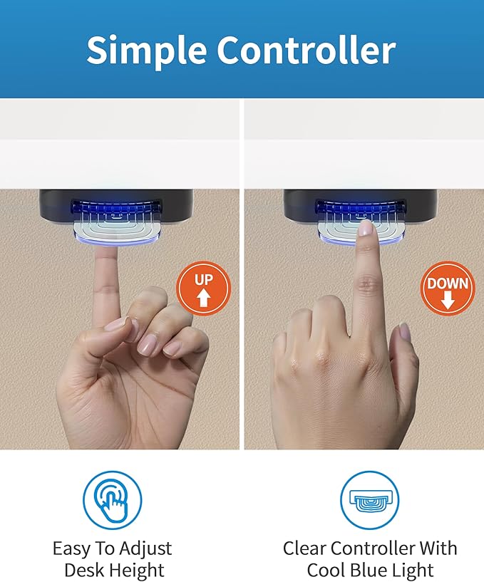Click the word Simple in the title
tap(147, 51)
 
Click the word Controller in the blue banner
tap(307, 49)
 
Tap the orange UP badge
tap(204, 289)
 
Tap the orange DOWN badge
tap(448, 289)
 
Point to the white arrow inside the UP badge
tap(203, 297)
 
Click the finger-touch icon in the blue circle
tap(112, 501)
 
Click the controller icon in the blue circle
tap(369, 500)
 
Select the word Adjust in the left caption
tap(145, 549)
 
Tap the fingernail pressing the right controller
tap(366, 227)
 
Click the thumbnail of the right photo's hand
tap(404, 331)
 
